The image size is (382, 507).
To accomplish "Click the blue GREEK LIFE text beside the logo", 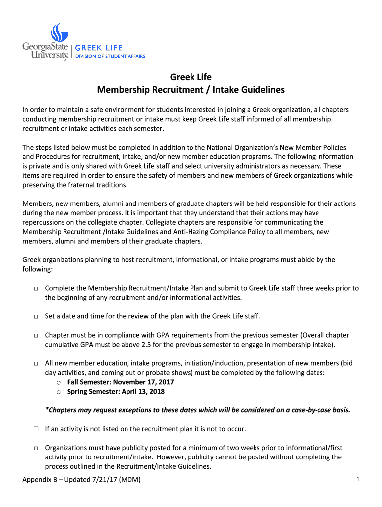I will tap(98, 48).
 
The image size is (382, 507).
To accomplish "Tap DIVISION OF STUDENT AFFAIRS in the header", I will tap(110, 56).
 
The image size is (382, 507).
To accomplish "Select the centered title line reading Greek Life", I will tap(191, 77).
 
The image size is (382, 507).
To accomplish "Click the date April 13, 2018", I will tap(141, 392).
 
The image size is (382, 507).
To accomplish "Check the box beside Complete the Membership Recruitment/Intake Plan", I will tap(37, 288).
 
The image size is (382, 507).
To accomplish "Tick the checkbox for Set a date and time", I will tap(37, 316).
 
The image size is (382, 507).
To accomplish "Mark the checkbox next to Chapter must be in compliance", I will tap(37, 335).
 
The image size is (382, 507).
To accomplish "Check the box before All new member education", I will tap(37, 363).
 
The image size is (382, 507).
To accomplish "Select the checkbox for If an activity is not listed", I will tap(37, 429).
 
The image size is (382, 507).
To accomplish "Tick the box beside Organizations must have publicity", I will tap(37, 448).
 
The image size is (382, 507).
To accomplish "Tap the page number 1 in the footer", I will tap(357, 479).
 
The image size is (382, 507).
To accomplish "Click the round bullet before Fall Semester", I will tap(59, 383).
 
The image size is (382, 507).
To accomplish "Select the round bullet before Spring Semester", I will tap(59, 392).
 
